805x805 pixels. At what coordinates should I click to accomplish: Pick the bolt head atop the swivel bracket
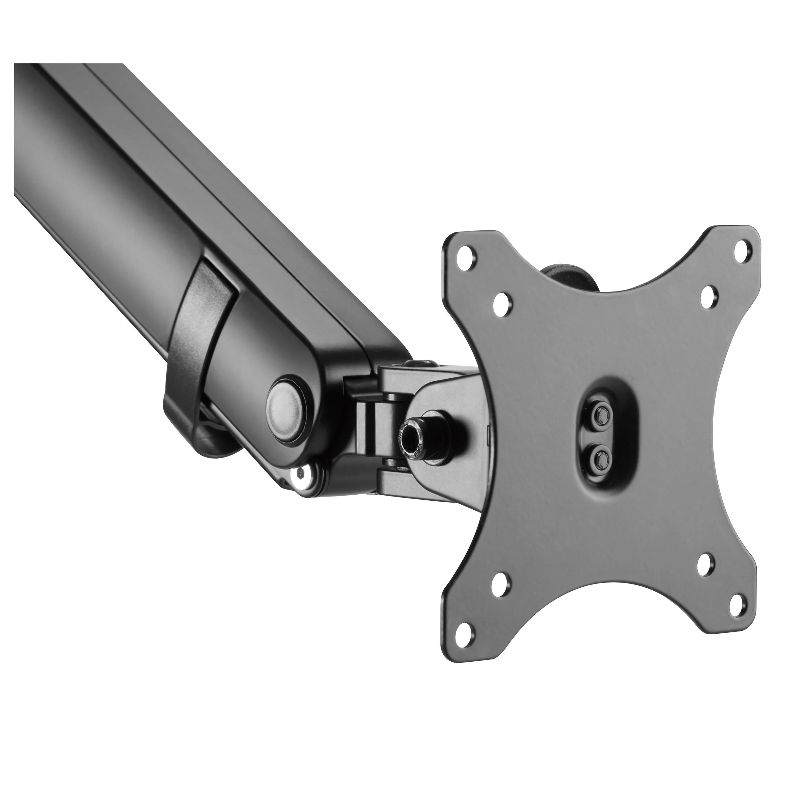418,365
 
